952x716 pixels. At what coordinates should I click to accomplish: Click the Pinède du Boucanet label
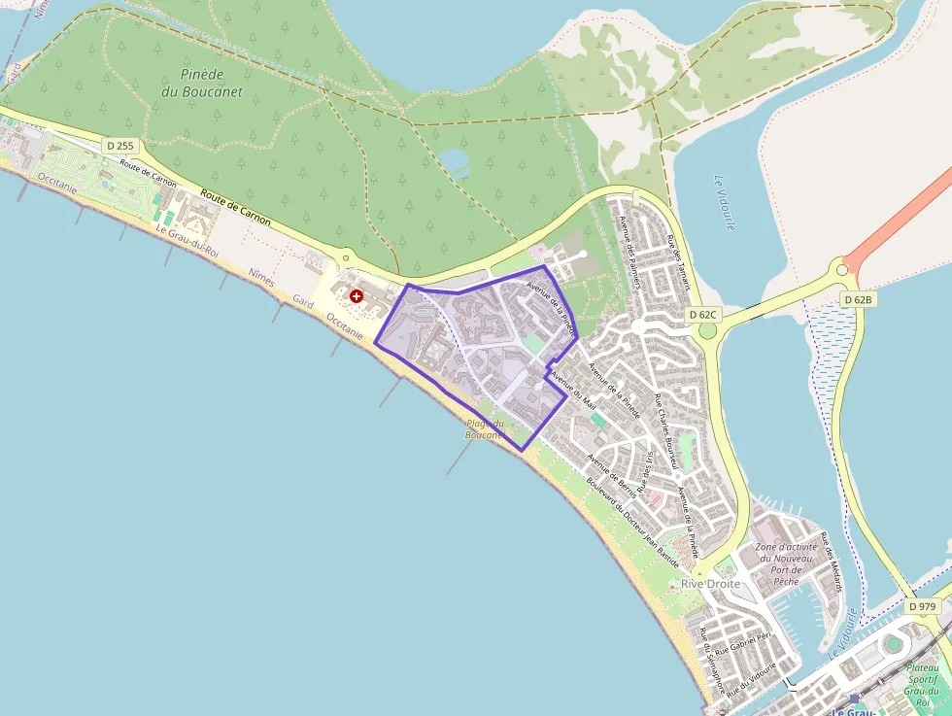coord(211,84)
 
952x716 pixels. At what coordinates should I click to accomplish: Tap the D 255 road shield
coord(121,146)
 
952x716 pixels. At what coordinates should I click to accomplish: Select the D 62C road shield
coord(702,315)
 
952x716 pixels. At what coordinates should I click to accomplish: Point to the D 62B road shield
coord(858,300)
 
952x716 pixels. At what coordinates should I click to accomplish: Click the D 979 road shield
coord(923,606)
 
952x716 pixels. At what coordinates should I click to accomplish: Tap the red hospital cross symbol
coord(357,295)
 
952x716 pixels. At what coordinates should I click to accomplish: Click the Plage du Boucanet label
coord(485,429)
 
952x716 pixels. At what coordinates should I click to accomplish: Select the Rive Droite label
coord(710,584)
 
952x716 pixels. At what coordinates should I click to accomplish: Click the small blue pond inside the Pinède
coord(453,159)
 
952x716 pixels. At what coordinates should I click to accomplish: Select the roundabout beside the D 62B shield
coord(841,271)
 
